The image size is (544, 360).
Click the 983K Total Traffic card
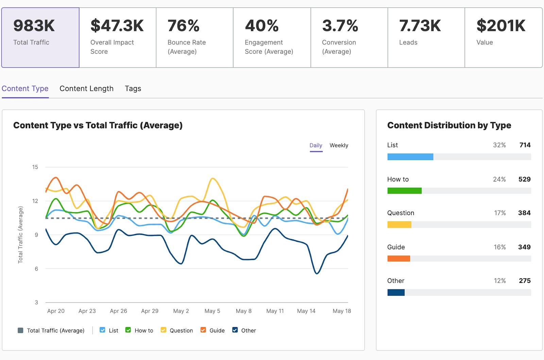coord(40,37)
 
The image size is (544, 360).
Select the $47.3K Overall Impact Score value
coord(117,26)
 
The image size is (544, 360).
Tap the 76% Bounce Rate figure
coord(184,26)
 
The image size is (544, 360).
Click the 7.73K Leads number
coord(420,26)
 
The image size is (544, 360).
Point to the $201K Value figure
coord(501,26)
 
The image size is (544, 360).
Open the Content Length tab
coord(86,89)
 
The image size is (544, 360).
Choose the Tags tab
coord(133,89)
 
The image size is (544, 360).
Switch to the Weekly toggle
coord(339,145)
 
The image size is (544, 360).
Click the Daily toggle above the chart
coord(316,145)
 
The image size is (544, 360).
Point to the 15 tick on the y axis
coord(35,167)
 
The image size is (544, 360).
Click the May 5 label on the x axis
coord(212,311)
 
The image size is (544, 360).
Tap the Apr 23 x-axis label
coord(87,311)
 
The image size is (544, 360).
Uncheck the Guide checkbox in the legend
coord(203,330)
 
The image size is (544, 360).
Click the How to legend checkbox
coord(128,330)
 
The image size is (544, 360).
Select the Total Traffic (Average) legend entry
coord(51,330)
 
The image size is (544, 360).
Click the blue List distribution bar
coord(410,157)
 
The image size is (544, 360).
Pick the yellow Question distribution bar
coord(399,225)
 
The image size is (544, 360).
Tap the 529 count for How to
coord(524,179)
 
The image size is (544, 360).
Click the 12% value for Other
coord(499,281)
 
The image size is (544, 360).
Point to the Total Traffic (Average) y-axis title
coord(20,235)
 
